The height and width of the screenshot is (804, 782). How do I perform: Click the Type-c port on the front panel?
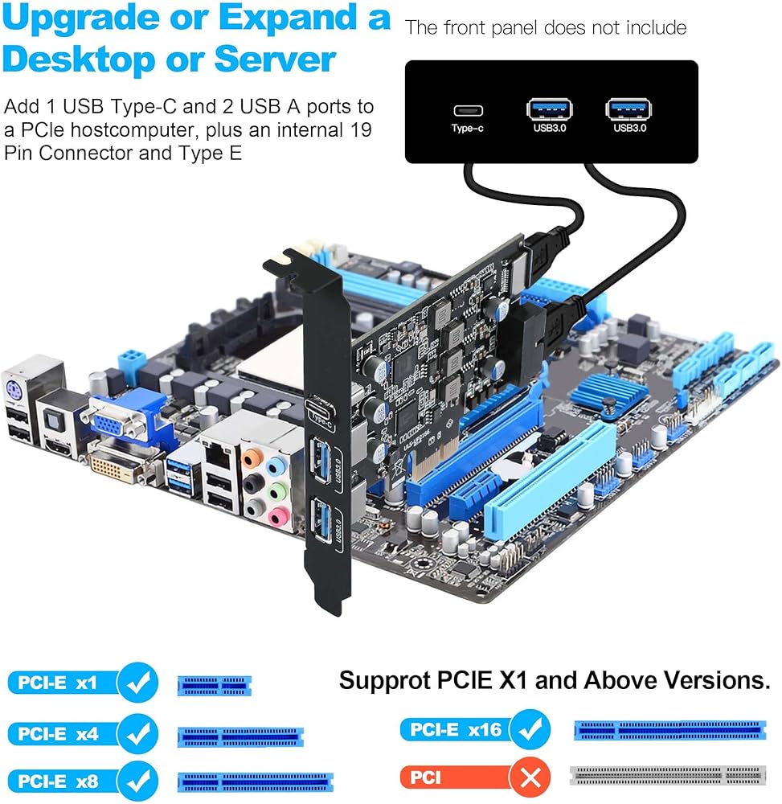468,110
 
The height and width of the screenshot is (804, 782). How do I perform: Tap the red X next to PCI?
530,777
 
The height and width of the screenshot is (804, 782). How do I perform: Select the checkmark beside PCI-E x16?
531,729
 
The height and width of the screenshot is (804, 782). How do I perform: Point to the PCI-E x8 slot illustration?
256,782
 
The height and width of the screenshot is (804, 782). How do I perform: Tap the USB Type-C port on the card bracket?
321,410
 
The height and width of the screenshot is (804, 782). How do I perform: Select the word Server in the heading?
275,59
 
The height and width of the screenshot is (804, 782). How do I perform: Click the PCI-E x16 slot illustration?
669,730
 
